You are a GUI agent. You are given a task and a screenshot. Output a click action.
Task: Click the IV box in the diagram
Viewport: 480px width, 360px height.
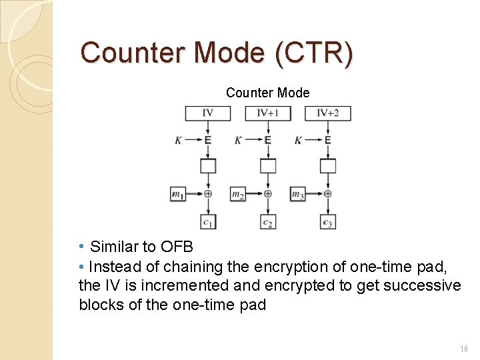(207, 113)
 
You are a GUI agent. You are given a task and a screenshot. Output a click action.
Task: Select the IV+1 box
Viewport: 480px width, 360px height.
(267, 113)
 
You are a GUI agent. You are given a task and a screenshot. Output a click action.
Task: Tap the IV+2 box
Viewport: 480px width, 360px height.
(327, 113)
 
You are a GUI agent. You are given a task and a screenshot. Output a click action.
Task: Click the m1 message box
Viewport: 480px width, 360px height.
(178, 194)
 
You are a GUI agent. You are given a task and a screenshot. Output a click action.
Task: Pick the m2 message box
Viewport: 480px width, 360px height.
(238, 194)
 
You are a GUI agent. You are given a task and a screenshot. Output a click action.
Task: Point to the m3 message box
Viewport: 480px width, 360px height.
(298, 194)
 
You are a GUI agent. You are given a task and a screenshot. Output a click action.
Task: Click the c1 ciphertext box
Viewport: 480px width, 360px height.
(208, 221)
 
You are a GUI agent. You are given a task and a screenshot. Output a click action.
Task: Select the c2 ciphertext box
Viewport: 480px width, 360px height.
(268, 221)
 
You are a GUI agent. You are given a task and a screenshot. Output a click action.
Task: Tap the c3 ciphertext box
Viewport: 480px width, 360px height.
(327, 221)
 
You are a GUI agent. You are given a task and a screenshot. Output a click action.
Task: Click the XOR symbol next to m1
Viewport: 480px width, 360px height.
(208, 193)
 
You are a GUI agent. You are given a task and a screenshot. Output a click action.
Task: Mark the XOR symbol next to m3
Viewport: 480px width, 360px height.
(328, 193)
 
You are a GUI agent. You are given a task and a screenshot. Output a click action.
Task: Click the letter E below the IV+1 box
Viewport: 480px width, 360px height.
(268, 140)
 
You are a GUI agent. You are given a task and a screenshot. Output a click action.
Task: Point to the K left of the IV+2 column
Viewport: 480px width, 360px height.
(298, 140)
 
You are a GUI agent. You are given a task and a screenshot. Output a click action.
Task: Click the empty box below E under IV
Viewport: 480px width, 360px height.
(208, 165)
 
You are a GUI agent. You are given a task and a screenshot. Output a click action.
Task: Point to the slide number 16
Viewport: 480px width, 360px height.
(464, 349)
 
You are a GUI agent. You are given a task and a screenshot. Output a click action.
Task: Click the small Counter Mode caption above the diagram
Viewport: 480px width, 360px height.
(267, 93)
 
